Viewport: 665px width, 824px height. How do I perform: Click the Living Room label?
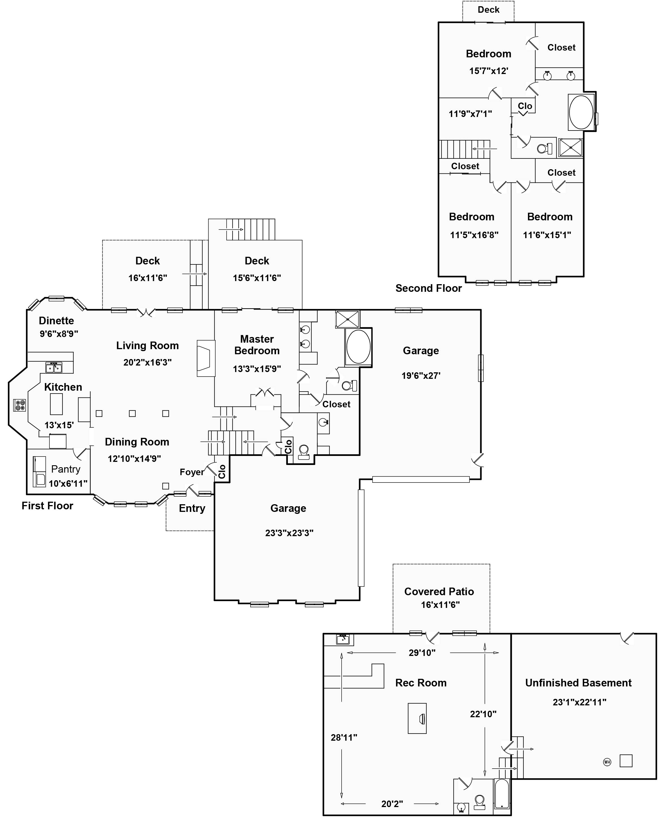pos(147,345)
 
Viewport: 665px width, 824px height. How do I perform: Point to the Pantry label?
pos(66,469)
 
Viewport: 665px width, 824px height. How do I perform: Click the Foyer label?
pos(192,472)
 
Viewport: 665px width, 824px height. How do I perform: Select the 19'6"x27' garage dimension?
pos(421,375)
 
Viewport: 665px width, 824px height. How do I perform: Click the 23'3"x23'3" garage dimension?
pos(289,533)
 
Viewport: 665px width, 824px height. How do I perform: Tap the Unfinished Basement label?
pos(579,683)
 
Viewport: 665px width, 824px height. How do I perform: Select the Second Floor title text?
pos(429,288)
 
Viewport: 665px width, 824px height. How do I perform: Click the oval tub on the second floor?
pos(581,112)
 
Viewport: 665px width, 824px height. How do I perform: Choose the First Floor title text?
pos(47,506)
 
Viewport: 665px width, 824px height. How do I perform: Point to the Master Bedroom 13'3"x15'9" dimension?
pos(257,369)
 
